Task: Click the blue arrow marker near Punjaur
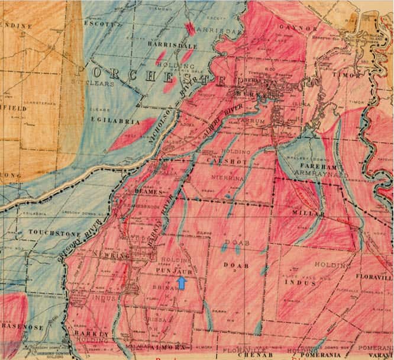(182, 284)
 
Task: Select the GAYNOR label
(303, 28)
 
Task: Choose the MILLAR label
(308, 213)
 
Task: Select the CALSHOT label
(214, 161)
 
